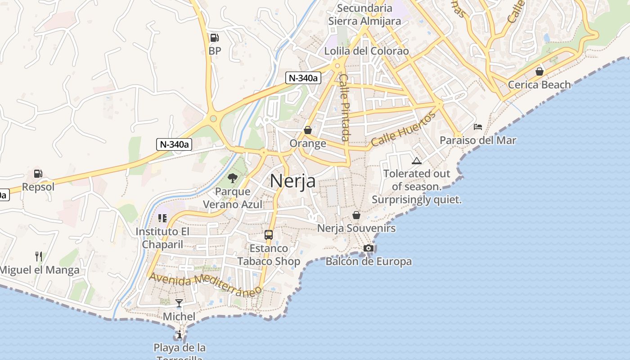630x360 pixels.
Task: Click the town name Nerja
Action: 292,181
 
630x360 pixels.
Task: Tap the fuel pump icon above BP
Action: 215,38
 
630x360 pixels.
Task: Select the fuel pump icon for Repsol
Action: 38,173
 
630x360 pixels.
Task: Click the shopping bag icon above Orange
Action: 308,130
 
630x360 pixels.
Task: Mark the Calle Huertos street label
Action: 404,129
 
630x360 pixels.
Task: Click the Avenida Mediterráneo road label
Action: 205,284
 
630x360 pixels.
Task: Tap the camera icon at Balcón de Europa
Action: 368,248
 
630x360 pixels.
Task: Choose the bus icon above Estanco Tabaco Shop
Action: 269,234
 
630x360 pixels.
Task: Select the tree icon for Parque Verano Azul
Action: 233,178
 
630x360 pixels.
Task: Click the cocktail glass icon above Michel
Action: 179,303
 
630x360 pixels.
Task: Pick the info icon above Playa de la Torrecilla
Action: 180,334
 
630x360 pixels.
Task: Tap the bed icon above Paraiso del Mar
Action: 478,127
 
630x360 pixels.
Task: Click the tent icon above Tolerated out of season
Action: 417,161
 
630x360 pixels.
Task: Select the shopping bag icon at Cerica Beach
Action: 539,72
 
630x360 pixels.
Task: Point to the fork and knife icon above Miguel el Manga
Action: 39,256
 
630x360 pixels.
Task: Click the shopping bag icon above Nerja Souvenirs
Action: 356,215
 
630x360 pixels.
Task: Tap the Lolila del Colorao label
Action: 367,51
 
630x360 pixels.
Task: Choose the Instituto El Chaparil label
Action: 163,238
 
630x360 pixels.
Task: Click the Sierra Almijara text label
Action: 364,21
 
